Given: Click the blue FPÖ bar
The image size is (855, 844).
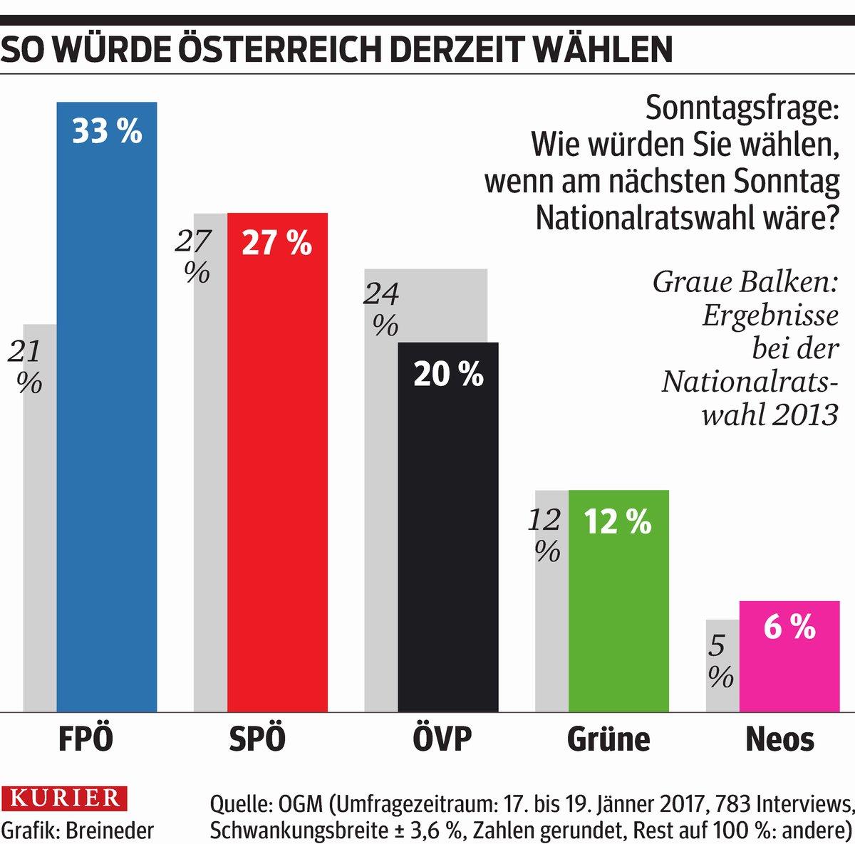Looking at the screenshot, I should pyautogui.click(x=107, y=427).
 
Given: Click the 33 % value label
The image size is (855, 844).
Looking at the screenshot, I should pyautogui.click(x=107, y=132).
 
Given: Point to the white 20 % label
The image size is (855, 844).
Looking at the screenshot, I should pyautogui.click(x=448, y=374).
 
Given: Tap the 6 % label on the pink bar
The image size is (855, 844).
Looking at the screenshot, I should pyautogui.click(x=789, y=627).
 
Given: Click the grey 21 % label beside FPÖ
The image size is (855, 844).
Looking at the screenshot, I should pyautogui.click(x=26, y=367).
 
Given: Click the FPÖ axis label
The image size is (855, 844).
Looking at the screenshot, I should pyautogui.click(x=85, y=739).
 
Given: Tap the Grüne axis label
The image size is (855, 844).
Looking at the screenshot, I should pyautogui.click(x=608, y=739).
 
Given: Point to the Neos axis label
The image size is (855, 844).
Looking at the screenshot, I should pyautogui.click(x=779, y=739).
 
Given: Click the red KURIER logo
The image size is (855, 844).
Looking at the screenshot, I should pyautogui.click(x=60, y=798).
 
